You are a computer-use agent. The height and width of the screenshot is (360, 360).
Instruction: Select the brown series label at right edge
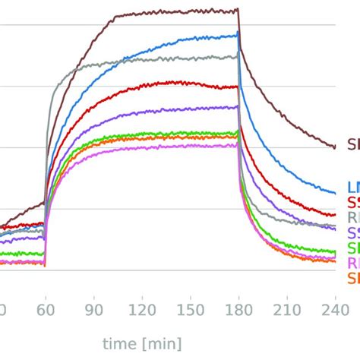point(352,144)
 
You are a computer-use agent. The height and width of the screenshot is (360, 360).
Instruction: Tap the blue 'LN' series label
point(352,187)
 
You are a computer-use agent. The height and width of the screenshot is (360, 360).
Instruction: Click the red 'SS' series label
point(352,202)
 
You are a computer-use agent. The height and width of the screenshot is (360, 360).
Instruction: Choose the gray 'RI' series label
point(352,217)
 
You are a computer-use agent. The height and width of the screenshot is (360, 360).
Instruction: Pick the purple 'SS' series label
point(352,232)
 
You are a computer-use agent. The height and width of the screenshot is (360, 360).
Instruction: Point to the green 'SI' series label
point(352,248)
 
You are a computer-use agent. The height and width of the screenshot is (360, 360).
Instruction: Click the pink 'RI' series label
point(352,263)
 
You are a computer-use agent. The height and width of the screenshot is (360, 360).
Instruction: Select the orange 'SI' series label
point(352,278)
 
